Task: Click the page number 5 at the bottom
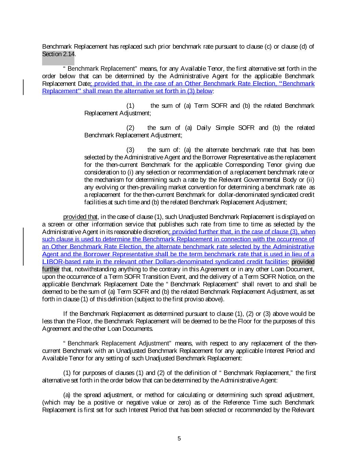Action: [x=179, y=439]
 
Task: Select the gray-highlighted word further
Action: [x=51, y=269]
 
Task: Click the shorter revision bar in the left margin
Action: [x=23, y=87]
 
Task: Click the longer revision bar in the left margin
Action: [x=23, y=247]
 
